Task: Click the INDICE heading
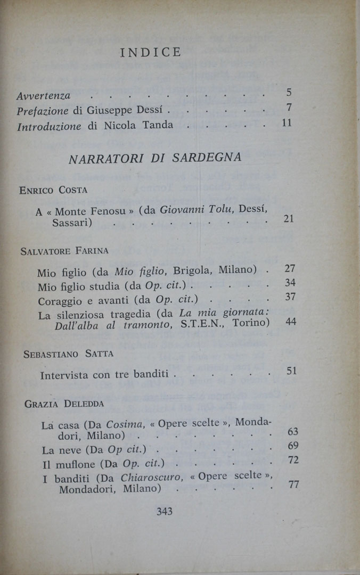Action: click(x=151, y=52)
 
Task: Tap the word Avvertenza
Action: click(x=43, y=96)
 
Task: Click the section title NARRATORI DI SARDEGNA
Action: click(x=154, y=158)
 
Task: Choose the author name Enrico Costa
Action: click(x=53, y=190)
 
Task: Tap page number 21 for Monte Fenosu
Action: click(x=289, y=218)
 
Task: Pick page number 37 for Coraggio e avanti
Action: click(x=290, y=297)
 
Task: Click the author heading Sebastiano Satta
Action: click(x=69, y=354)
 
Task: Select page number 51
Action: click(x=291, y=371)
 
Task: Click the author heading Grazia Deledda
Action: click(x=64, y=404)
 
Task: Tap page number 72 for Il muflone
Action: click(x=293, y=459)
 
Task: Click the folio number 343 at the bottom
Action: click(x=165, y=512)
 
